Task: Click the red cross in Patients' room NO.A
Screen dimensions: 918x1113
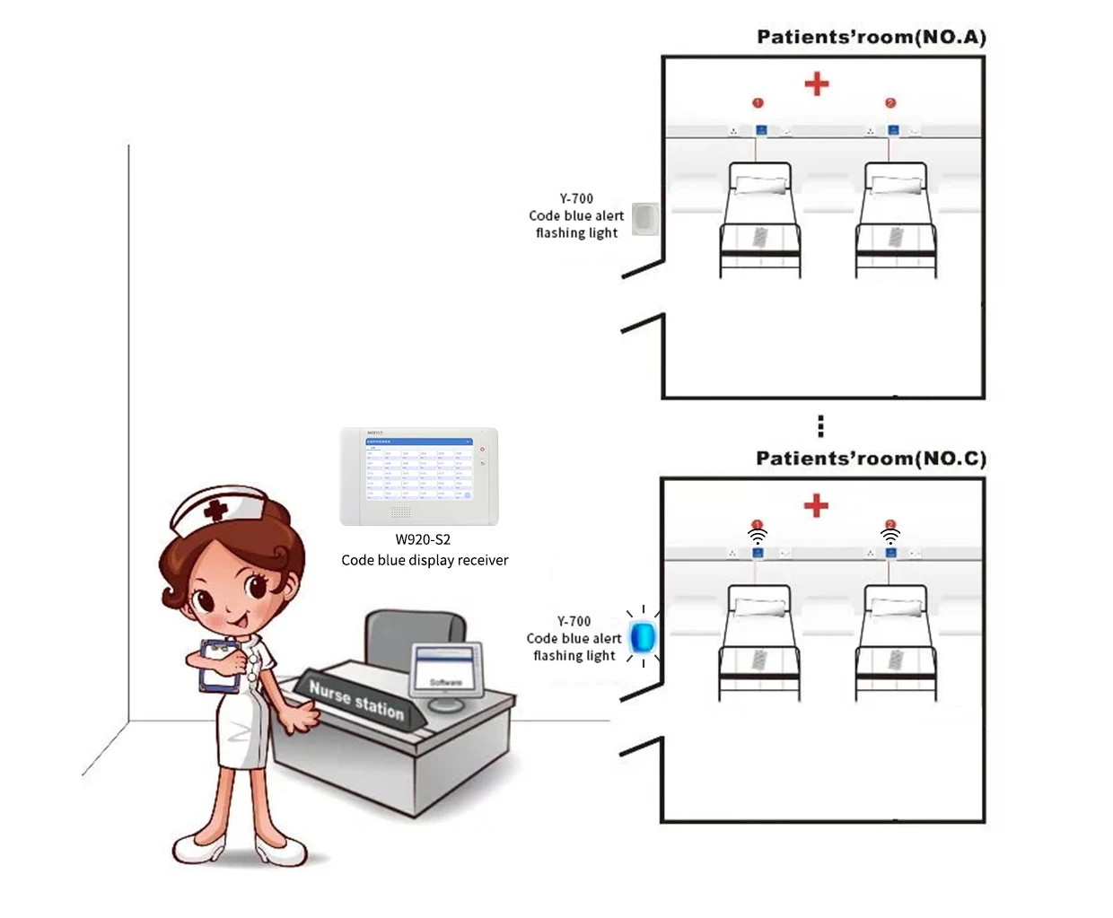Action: pyautogui.click(x=816, y=84)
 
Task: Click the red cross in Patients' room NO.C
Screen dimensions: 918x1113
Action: pyautogui.click(x=816, y=505)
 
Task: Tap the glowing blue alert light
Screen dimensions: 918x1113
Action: pyautogui.click(x=643, y=637)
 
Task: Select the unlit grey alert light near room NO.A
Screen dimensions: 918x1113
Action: pyautogui.click(x=644, y=218)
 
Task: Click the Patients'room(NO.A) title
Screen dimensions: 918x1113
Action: pyautogui.click(x=871, y=37)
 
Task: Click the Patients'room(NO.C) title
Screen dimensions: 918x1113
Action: pyautogui.click(x=871, y=459)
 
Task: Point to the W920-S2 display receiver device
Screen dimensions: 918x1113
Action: pyautogui.click(x=419, y=476)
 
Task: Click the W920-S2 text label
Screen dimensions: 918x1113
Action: pyautogui.click(x=423, y=539)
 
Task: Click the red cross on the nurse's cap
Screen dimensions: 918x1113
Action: pyautogui.click(x=215, y=511)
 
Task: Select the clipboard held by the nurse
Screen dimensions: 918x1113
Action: pyautogui.click(x=218, y=666)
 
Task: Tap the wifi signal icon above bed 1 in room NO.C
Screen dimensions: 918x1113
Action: pyautogui.click(x=758, y=537)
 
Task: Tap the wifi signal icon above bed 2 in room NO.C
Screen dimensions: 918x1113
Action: pyautogui.click(x=890, y=537)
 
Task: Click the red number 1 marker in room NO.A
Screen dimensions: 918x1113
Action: pyautogui.click(x=758, y=103)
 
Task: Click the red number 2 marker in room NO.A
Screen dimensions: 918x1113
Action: pyautogui.click(x=890, y=103)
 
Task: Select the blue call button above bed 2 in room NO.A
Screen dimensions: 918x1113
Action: pyautogui.click(x=893, y=130)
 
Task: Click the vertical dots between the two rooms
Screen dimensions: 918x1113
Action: pyautogui.click(x=820, y=425)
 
